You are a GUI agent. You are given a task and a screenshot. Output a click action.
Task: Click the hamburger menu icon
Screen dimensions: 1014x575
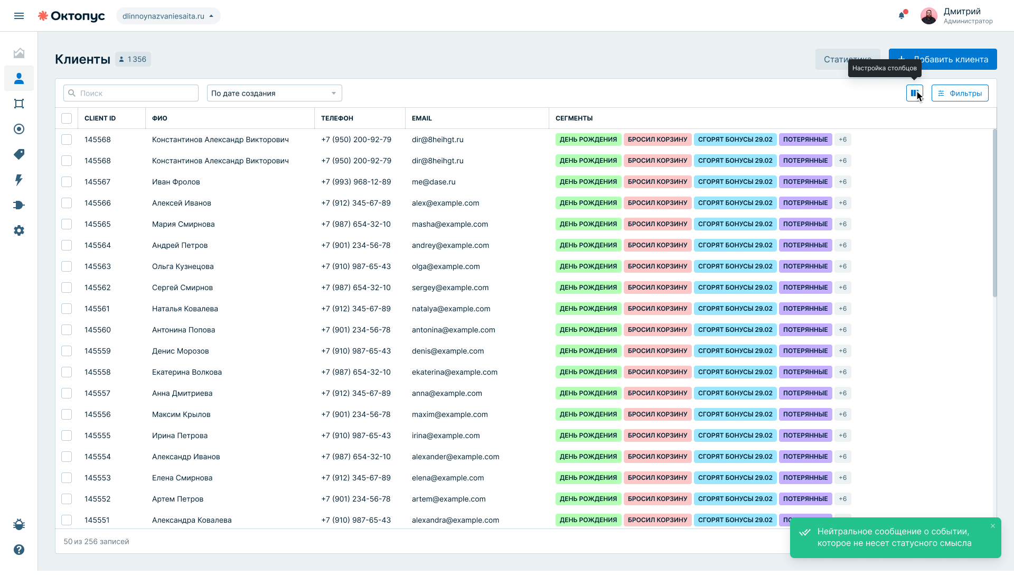19,16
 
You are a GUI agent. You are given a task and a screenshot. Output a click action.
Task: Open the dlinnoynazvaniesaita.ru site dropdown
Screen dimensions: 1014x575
168,16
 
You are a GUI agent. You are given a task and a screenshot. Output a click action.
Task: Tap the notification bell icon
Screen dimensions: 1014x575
902,16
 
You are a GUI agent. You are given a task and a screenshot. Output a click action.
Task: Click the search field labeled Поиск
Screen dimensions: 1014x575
131,93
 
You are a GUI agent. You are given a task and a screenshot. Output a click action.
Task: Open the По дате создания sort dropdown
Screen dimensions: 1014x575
275,93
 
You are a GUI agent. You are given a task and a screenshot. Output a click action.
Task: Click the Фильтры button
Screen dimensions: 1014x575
960,93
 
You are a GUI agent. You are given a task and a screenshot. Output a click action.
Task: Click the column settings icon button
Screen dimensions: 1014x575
915,93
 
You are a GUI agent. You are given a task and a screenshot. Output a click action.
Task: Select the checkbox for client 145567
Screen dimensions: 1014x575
67,182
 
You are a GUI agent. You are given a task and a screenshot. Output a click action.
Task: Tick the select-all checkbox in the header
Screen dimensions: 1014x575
67,118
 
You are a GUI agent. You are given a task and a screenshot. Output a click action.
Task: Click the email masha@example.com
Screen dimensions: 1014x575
450,224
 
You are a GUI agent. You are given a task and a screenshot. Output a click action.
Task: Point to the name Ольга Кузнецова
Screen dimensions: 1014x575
183,266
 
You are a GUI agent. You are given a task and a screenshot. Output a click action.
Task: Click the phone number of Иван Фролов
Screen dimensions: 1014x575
356,182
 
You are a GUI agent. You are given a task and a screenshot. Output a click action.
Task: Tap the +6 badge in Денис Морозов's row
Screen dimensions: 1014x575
843,351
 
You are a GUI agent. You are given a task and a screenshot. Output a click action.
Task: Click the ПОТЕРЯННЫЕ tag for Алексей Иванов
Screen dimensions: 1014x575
805,203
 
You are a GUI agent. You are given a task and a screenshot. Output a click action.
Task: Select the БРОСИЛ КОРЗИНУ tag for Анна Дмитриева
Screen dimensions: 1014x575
658,393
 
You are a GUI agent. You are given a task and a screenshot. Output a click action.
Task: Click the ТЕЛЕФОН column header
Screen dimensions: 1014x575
337,118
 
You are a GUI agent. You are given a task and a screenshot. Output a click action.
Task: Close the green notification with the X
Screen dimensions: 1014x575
993,526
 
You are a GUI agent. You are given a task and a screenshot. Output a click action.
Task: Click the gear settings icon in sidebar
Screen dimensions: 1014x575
19,230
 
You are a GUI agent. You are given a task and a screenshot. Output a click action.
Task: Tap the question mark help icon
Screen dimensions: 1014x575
19,550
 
